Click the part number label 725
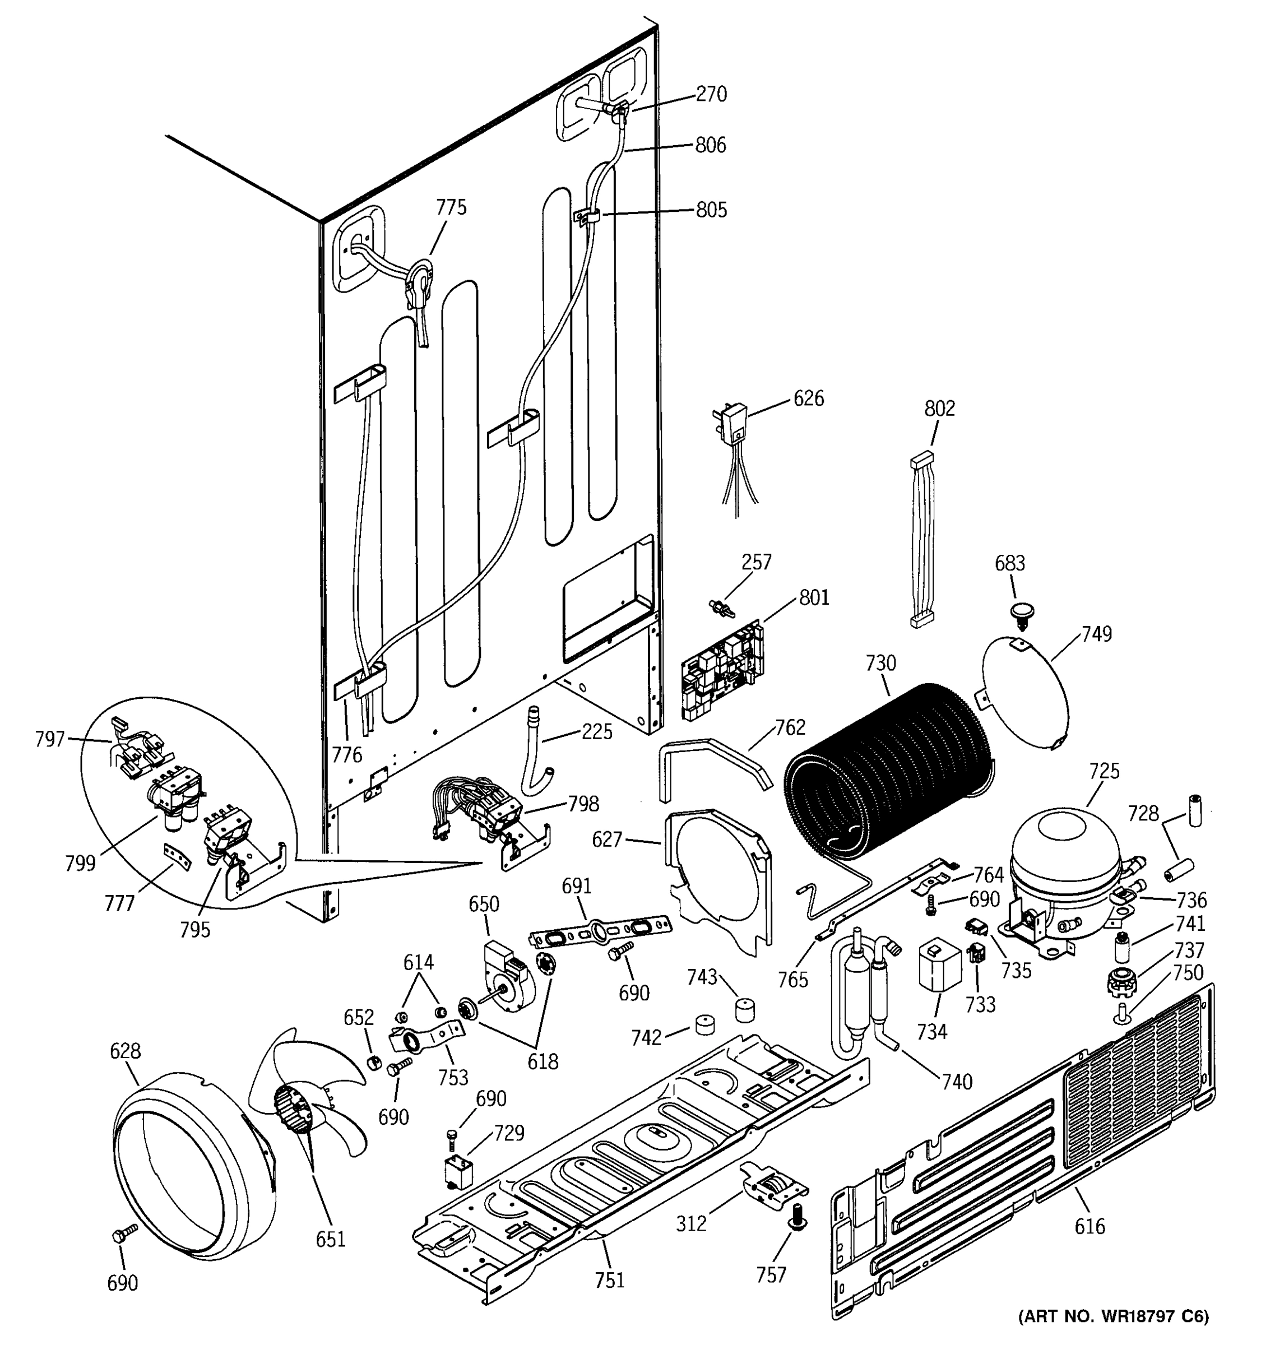click(1104, 771)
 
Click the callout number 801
click(814, 598)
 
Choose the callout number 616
click(1089, 1226)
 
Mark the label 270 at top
click(712, 94)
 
